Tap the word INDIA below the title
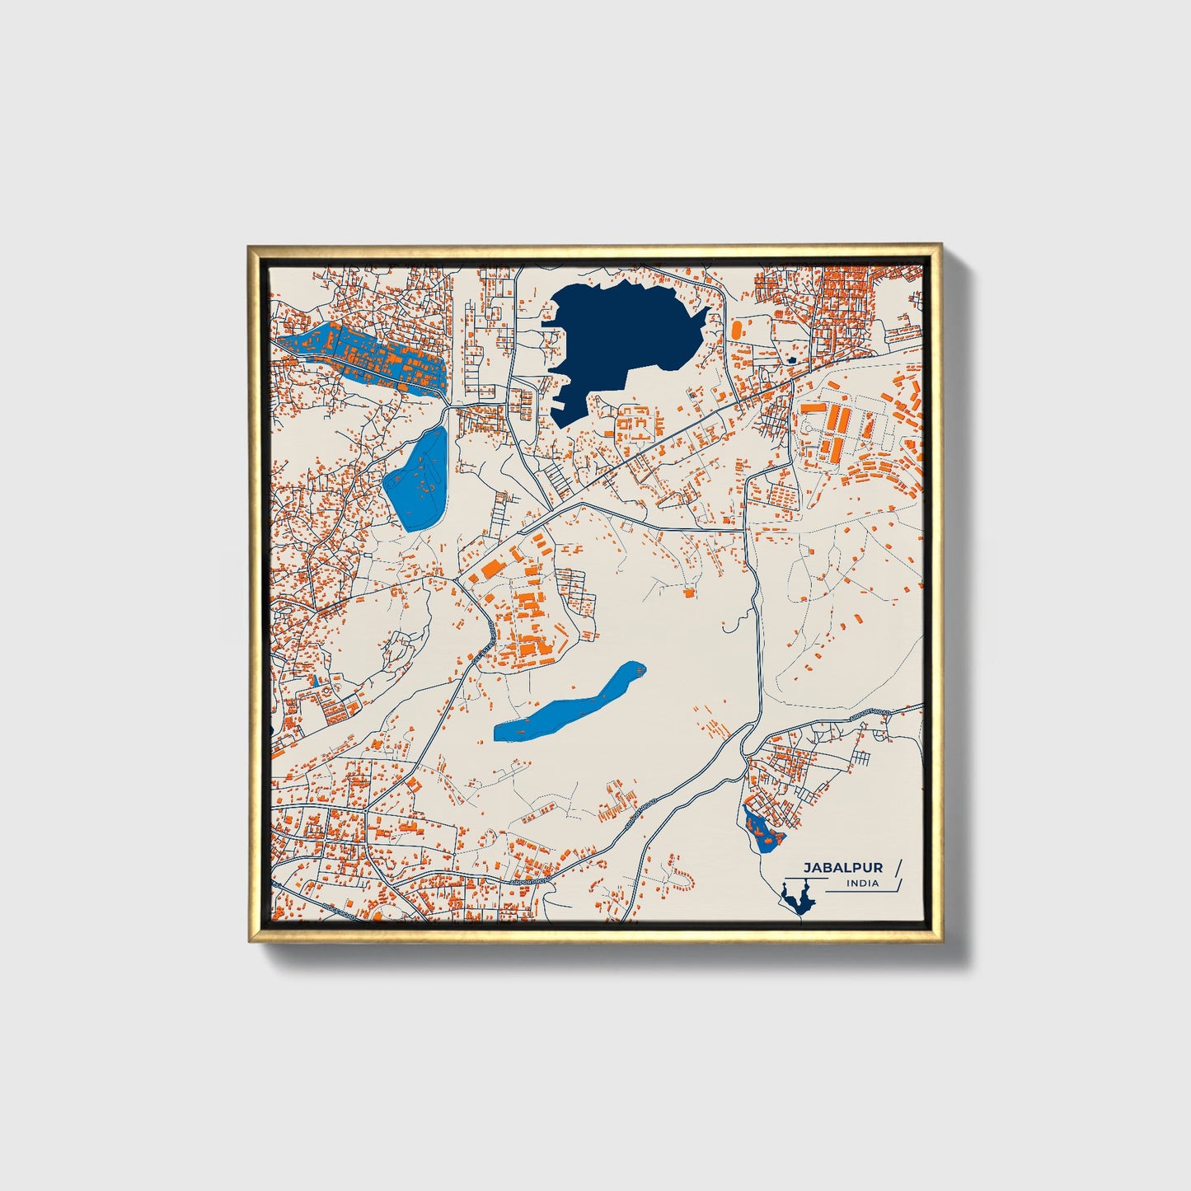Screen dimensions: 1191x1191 tap(862, 884)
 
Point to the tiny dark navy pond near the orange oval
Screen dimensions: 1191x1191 tap(792, 360)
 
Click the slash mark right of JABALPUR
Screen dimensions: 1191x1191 tap(898, 867)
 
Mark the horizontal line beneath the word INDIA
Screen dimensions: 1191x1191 tap(857, 892)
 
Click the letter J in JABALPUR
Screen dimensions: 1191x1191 tap(807, 868)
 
